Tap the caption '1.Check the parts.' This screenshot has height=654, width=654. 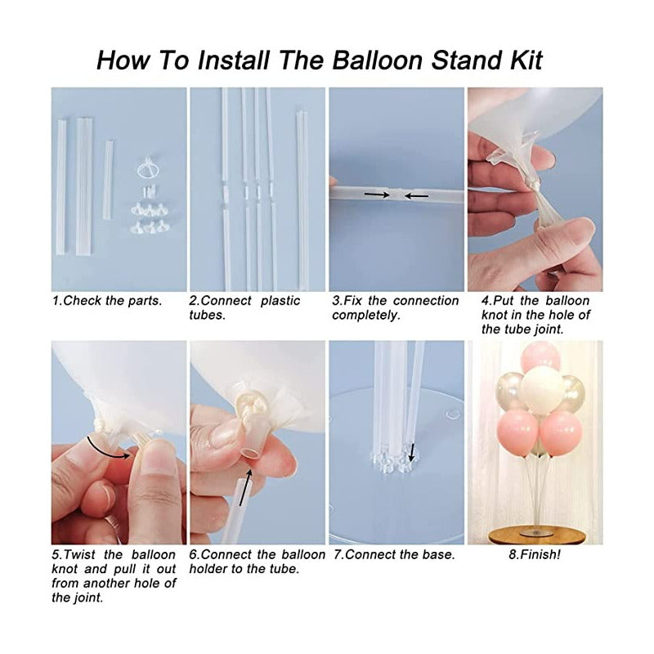pos(107,301)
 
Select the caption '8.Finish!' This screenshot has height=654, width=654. pos(535,555)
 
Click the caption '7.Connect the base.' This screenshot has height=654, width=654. pos(394,555)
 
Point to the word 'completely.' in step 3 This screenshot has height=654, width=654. pos(366,316)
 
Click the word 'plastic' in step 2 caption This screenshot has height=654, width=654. pos(280,301)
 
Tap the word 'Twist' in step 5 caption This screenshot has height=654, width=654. pos(79,555)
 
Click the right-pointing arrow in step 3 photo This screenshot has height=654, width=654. pos(377,195)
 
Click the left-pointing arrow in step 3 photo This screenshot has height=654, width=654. pos(416,195)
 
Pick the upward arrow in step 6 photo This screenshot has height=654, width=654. pos(246,487)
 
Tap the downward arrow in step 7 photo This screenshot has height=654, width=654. pos(412,453)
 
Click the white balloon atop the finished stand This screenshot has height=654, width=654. pos(542,390)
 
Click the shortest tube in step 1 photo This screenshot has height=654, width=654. pos(108,180)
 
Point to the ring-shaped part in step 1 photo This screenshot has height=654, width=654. pos(147,168)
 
